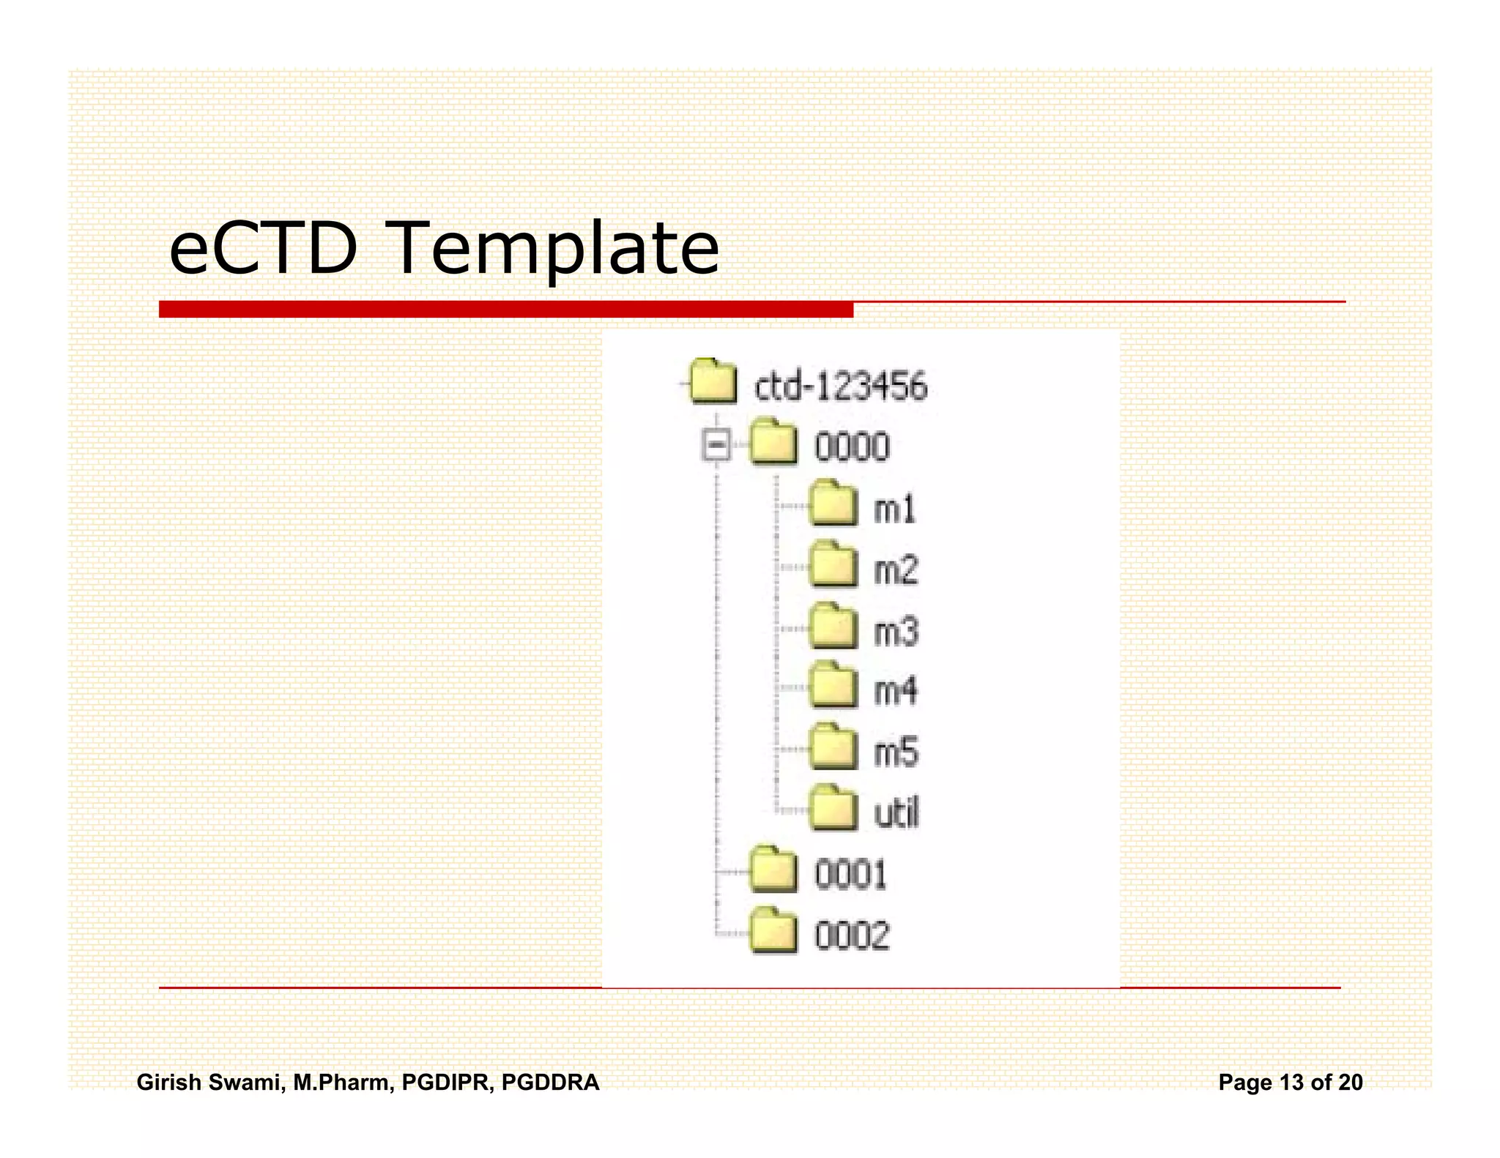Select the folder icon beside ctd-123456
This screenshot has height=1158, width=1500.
(713, 381)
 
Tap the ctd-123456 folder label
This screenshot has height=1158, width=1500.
(841, 386)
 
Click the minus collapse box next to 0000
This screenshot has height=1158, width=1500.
(716, 444)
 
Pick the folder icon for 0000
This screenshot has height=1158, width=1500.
(773, 442)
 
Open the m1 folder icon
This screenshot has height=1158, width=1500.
(833, 504)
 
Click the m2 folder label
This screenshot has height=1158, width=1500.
(896, 570)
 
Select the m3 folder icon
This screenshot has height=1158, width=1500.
(833, 627)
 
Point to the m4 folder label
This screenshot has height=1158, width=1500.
(895, 691)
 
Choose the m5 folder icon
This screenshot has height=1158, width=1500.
(833, 747)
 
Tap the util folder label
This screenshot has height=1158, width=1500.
(896, 813)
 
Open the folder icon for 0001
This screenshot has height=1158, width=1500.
(773, 870)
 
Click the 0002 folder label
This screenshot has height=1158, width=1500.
(852, 935)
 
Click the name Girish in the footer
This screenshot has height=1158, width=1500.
(168, 1082)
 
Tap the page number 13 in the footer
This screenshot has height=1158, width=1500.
(1291, 1082)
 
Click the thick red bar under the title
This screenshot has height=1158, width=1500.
(505, 310)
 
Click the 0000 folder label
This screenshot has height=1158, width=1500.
(852, 447)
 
